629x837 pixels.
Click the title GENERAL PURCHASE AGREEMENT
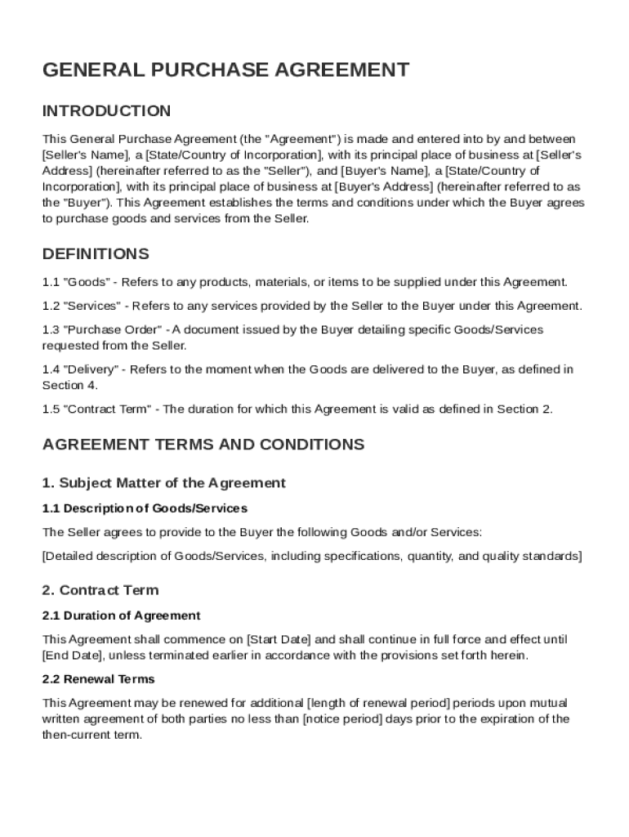225,69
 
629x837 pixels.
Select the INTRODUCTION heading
106,111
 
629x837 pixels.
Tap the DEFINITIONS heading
96,254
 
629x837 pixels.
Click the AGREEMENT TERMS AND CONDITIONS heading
203,445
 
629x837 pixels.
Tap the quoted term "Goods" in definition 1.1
87,282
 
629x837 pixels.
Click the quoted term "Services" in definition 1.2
93,306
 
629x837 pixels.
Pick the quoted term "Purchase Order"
113,329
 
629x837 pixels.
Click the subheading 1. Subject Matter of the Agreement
164,483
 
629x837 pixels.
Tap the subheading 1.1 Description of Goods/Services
145,508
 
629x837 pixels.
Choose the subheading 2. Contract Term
100,590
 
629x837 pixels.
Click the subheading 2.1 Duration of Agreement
121,615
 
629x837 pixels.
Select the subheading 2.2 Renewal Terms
98,679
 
